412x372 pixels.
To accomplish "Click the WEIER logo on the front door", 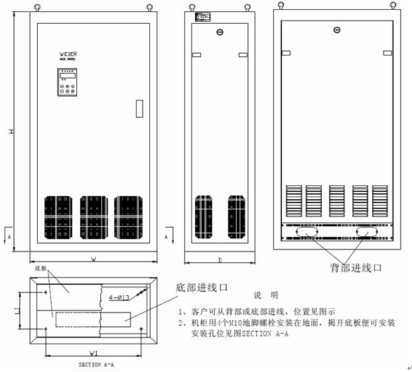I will (68, 52).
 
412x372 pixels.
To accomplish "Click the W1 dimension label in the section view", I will (95, 353).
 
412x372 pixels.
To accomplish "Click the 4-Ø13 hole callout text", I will (120, 298).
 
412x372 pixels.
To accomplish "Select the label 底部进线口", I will (201, 288).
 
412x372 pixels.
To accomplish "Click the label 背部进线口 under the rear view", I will (357, 268).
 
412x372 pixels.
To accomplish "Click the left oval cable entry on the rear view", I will (306, 234).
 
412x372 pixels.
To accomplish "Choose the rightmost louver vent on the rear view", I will (380, 200).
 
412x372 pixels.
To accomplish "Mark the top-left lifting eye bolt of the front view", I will (37, 9).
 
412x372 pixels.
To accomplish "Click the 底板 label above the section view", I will (40, 270).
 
